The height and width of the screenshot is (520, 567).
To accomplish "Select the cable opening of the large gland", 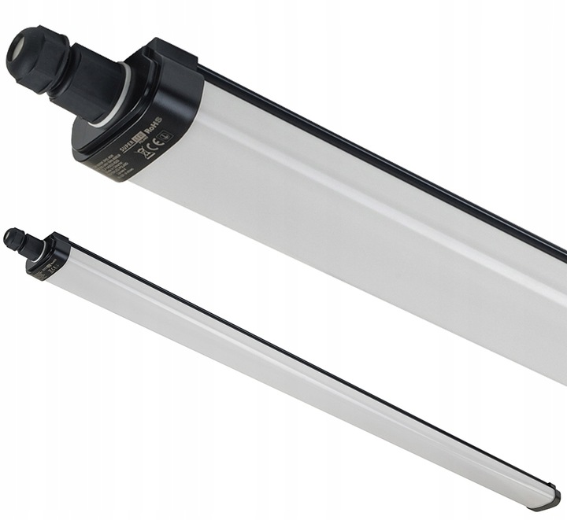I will (18, 52).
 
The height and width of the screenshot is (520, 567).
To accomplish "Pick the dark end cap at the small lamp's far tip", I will (550, 497).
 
